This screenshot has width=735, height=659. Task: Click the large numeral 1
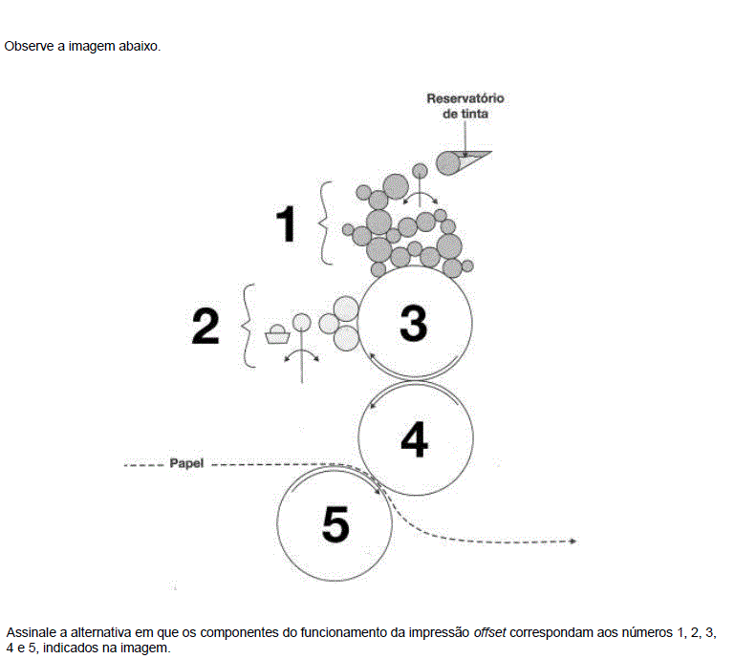pos(287,223)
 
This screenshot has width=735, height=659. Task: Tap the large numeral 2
pos(205,326)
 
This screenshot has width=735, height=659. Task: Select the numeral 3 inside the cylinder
pos(414,323)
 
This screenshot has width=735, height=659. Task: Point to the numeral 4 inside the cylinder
pos(415,439)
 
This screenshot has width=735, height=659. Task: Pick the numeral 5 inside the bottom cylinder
pos(335,524)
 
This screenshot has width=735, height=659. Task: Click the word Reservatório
pos(465,98)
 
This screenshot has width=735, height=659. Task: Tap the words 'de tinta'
pos(465,114)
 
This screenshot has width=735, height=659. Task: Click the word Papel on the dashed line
pos(186,463)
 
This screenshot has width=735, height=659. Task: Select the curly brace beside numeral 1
pos(326,223)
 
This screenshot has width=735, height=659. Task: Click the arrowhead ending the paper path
pos(573,542)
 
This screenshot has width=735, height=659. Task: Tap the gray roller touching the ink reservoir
pos(448,163)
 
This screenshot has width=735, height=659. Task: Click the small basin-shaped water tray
pos(277,335)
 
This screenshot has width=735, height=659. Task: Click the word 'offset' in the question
pos(489,632)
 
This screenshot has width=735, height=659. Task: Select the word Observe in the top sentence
pos(29,47)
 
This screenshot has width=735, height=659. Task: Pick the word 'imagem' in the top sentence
pos(92,47)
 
